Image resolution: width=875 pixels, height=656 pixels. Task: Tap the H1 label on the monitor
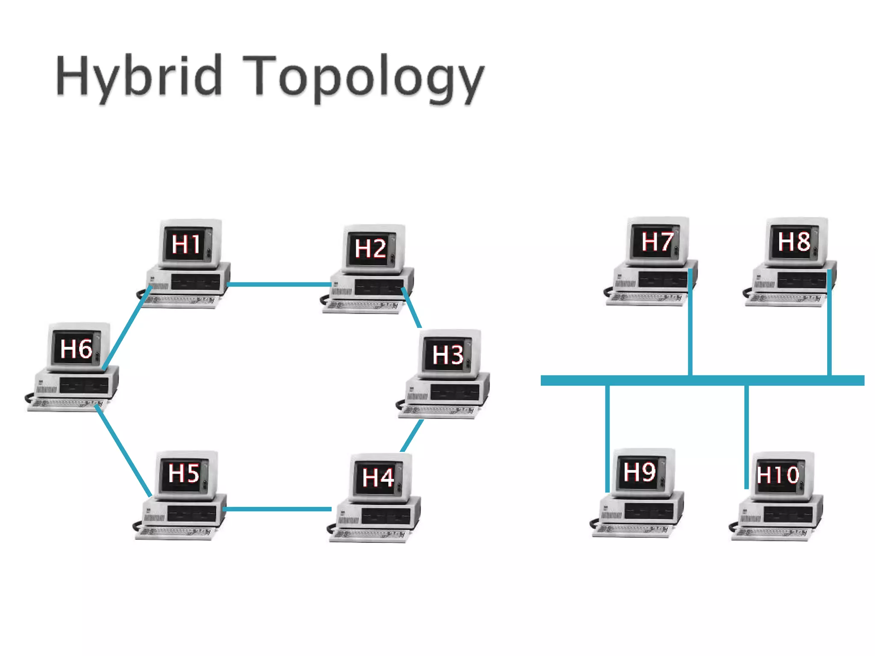(186, 244)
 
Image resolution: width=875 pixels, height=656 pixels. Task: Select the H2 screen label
(370, 249)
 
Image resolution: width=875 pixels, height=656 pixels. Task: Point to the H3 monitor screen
(447, 354)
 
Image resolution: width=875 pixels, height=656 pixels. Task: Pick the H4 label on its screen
(378, 477)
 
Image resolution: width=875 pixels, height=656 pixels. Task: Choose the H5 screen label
(184, 474)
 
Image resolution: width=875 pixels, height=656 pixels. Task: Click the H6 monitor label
(76, 349)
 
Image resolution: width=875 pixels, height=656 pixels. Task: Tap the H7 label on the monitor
(657, 242)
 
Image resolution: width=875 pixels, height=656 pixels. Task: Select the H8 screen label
(794, 242)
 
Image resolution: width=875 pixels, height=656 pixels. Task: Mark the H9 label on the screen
(639, 472)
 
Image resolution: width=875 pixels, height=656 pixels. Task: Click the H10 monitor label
(778, 475)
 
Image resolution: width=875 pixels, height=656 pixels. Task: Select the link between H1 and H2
(280, 284)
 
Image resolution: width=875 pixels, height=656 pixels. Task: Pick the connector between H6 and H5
(124, 452)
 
